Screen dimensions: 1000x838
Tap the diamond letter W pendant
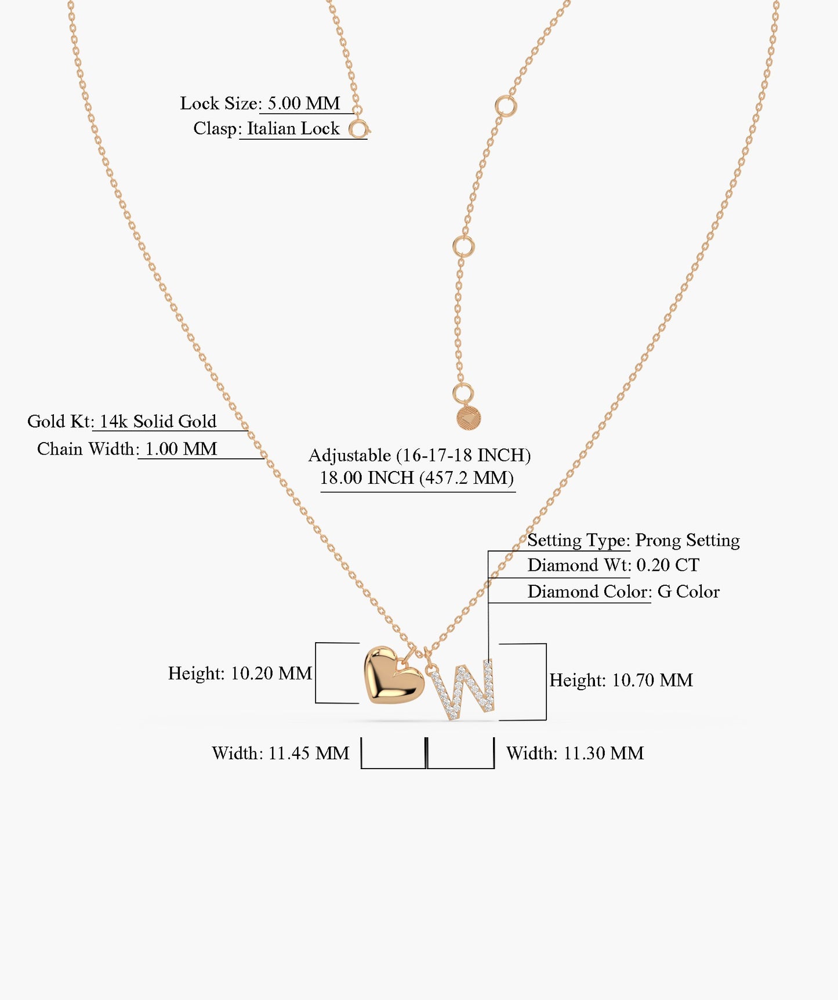click(x=465, y=690)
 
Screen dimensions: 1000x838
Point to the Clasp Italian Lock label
click(x=266, y=128)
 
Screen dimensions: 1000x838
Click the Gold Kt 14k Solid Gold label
click(x=122, y=421)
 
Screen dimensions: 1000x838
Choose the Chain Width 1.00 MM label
click(x=127, y=449)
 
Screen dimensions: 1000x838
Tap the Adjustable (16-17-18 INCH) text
click(x=419, y=455)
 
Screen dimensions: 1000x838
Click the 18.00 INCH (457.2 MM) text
click(x=417, y=478)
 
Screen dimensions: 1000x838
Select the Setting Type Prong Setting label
click(x=633, y=540)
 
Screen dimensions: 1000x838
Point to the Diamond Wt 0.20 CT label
click(x=613, y=565)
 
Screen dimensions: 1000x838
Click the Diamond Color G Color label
click(x=623, y=592)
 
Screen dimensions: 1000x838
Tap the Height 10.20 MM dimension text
click(x=240, y=673)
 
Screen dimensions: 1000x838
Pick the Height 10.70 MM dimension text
click(x=621, y=680)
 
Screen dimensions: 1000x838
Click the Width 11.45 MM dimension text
click(x=281, y=753)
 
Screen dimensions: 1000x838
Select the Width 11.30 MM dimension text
click(x=575, y=753)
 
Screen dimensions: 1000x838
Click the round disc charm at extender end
click(x=468, y=418)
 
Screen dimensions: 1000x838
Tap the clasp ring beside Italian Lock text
click(x=359, y=129)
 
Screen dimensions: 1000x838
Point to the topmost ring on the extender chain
click(x=506, y=106)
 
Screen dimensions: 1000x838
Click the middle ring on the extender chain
click(x=463, y=247)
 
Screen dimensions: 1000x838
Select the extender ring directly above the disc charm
click(x=463, y=393)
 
